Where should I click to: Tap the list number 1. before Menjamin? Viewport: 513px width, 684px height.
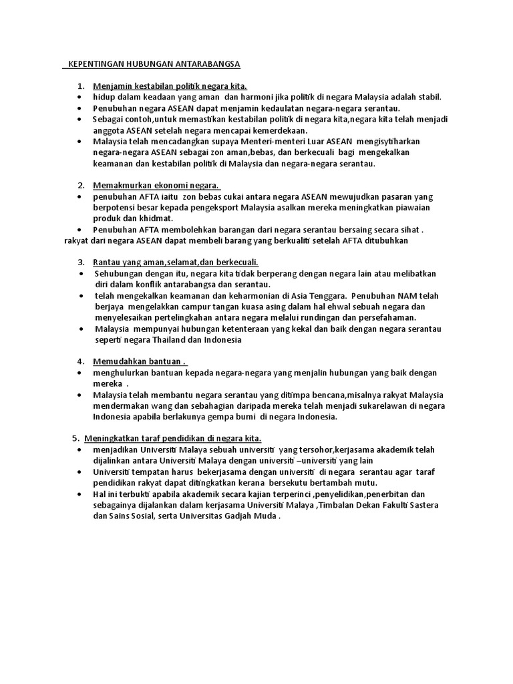[81, 86]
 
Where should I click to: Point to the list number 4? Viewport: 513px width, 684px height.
[81, 361]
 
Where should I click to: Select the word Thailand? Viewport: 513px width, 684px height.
[174, 339]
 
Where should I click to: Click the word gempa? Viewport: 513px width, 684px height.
[215, 416]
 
